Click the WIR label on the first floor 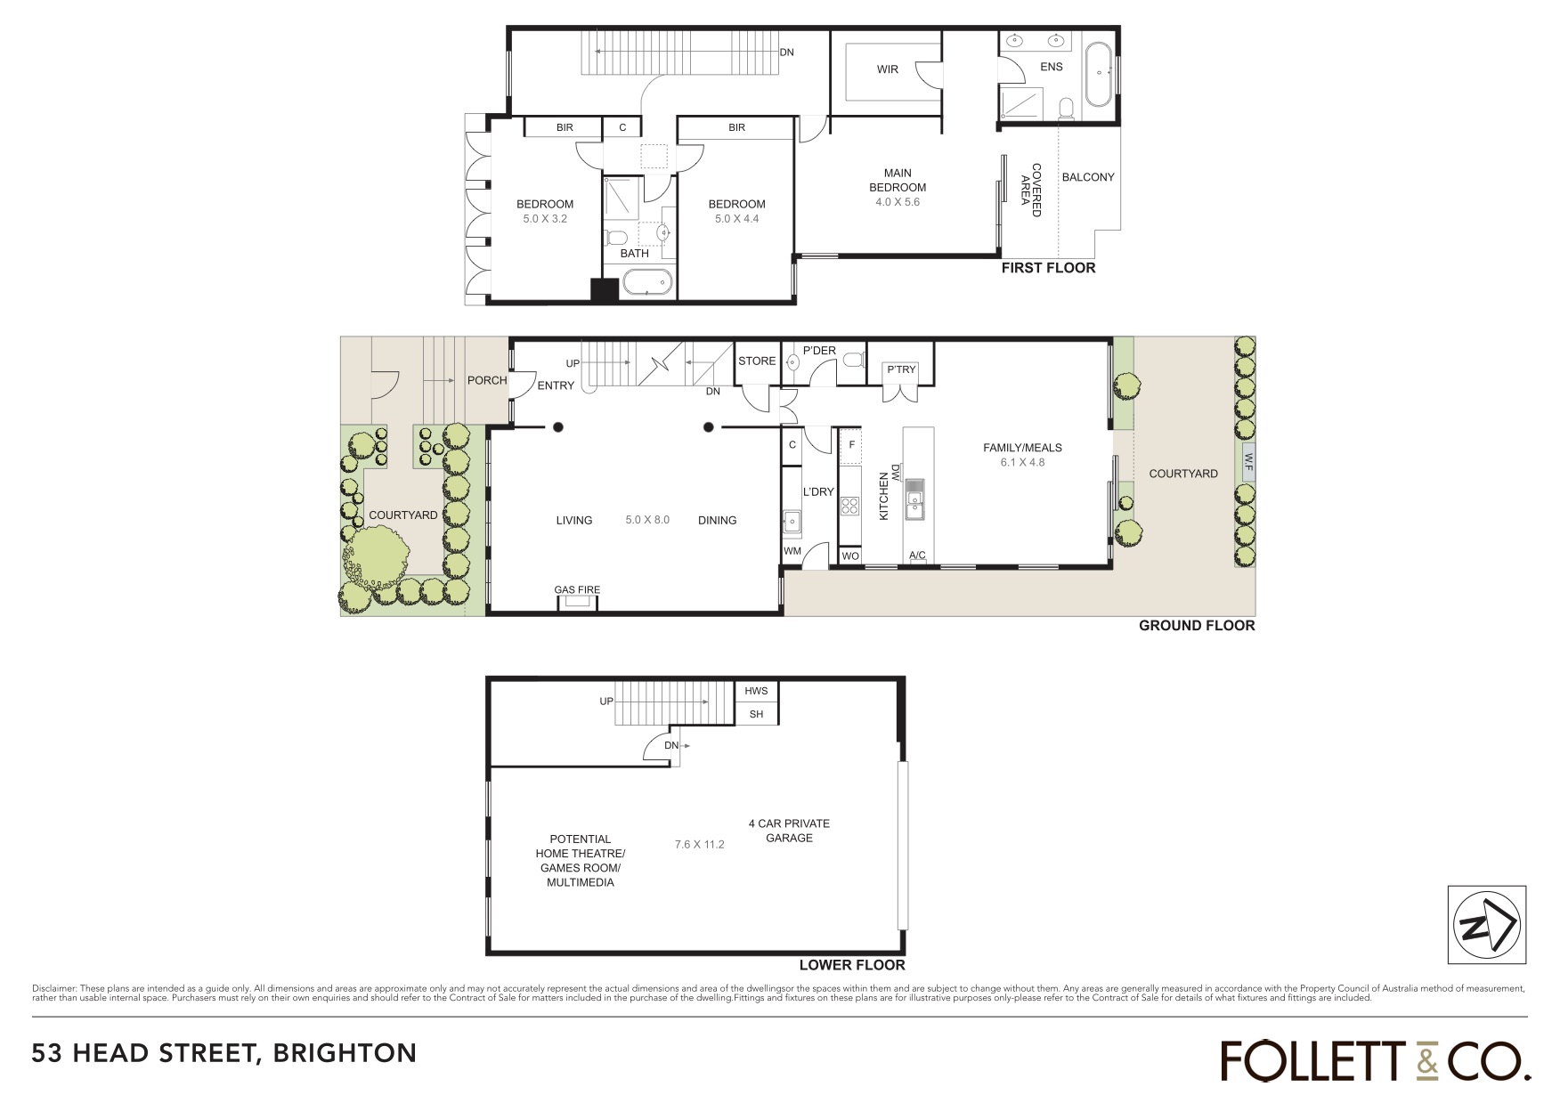click(888, 69)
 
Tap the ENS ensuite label click(1052, 67)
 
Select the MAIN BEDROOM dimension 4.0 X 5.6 click(898, 202)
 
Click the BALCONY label click(1088, 177)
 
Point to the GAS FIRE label click(577, 589)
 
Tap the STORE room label click(757, 361)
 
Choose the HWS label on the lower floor click(756, 691)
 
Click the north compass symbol click(1486, 925)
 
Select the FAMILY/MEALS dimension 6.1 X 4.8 click(1022, 462)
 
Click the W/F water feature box click(1247, 462)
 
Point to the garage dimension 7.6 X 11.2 click(699, 844)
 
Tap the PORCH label click(487, 380)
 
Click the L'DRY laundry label click(818, 491)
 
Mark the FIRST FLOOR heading click(1048, 268)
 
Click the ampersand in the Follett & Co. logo click(1426, 1061)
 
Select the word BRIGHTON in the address click(345, 1053)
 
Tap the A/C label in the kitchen click(917, 556)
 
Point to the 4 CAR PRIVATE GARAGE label click(789, 831)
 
